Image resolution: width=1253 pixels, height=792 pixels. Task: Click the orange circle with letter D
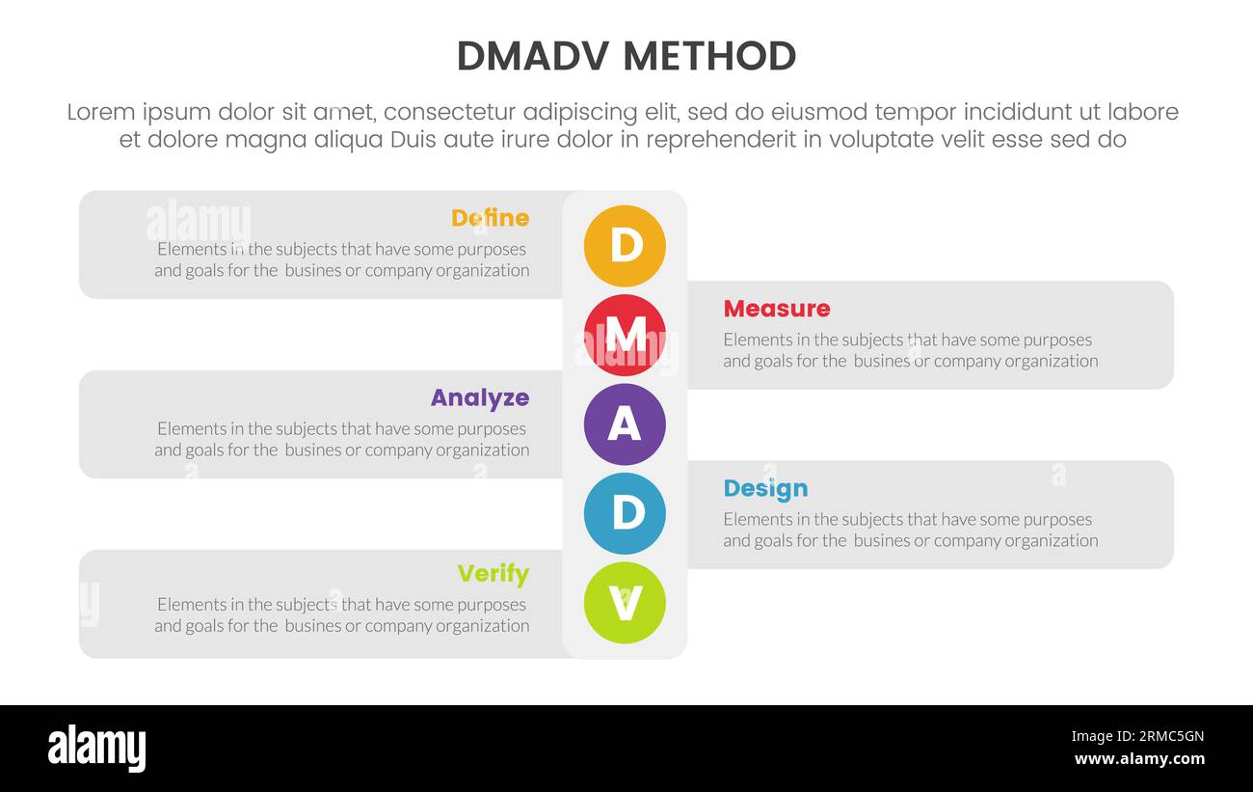click(x=625, y=246)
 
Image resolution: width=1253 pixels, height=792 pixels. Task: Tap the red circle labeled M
click(x=625, y=335)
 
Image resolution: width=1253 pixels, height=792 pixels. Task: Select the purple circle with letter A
click(x=625, y=424)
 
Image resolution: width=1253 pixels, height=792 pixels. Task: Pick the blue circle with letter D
click(x=625, y=513)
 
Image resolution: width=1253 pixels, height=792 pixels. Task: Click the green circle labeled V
click(x=625, y=603)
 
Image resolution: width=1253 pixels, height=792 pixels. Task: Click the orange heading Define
click(x=490, y=218)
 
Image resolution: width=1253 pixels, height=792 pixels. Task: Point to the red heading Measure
click(x=776, y=309)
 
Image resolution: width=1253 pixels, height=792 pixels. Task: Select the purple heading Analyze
click(x=479, y=397)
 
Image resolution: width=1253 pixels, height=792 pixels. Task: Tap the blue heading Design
click(x=765, y=488)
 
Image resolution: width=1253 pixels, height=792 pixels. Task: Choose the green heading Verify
click(x=493, y=574)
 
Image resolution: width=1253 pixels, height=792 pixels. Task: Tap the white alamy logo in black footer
click(x=97, y=749)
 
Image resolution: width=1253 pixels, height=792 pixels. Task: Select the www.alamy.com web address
click(x=1138, y=759)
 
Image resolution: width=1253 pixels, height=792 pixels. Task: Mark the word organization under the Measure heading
click(x=1050, y=361)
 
